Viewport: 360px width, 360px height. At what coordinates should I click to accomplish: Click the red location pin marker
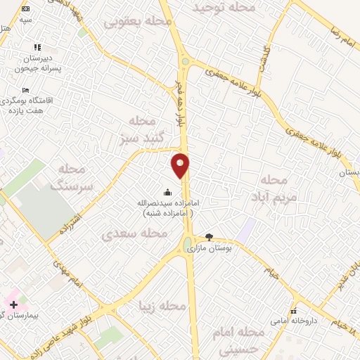tap(181, 165)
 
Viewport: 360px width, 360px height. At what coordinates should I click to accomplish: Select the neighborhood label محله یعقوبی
tap(139, 22)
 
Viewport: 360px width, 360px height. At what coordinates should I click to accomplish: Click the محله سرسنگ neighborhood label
tap(72, 177)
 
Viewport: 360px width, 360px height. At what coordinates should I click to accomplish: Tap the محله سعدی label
tap(127, 233)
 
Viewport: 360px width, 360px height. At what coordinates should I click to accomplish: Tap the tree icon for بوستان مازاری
tap(208, 237)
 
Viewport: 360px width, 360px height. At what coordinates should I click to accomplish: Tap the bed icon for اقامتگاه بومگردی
tap(26, 91)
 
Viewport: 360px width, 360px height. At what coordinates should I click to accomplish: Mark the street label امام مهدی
tap(68, 272)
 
